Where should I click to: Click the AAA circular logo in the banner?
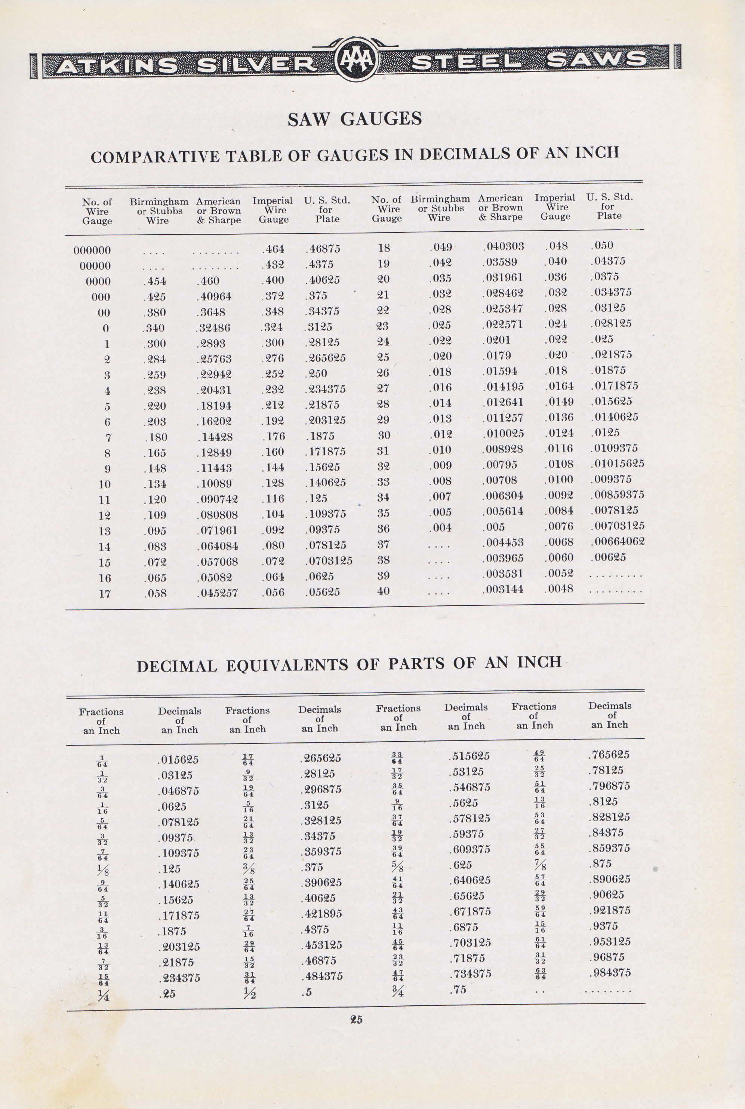(357, 61)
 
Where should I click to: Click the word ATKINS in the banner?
(116, 65)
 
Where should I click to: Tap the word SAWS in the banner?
(596, 60)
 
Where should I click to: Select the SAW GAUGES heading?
(354, 118)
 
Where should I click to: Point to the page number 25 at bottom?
(356, 1019)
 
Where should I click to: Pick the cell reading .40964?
(214, 296)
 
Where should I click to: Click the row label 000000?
(92, 250)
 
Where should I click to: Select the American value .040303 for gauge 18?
(503, 246)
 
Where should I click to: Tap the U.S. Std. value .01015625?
(617, 463)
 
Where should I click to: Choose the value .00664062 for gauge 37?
(617, 541)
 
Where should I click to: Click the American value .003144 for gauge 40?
(503, 589)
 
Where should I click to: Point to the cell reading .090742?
(217, 499)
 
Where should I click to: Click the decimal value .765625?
(609, 755)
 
